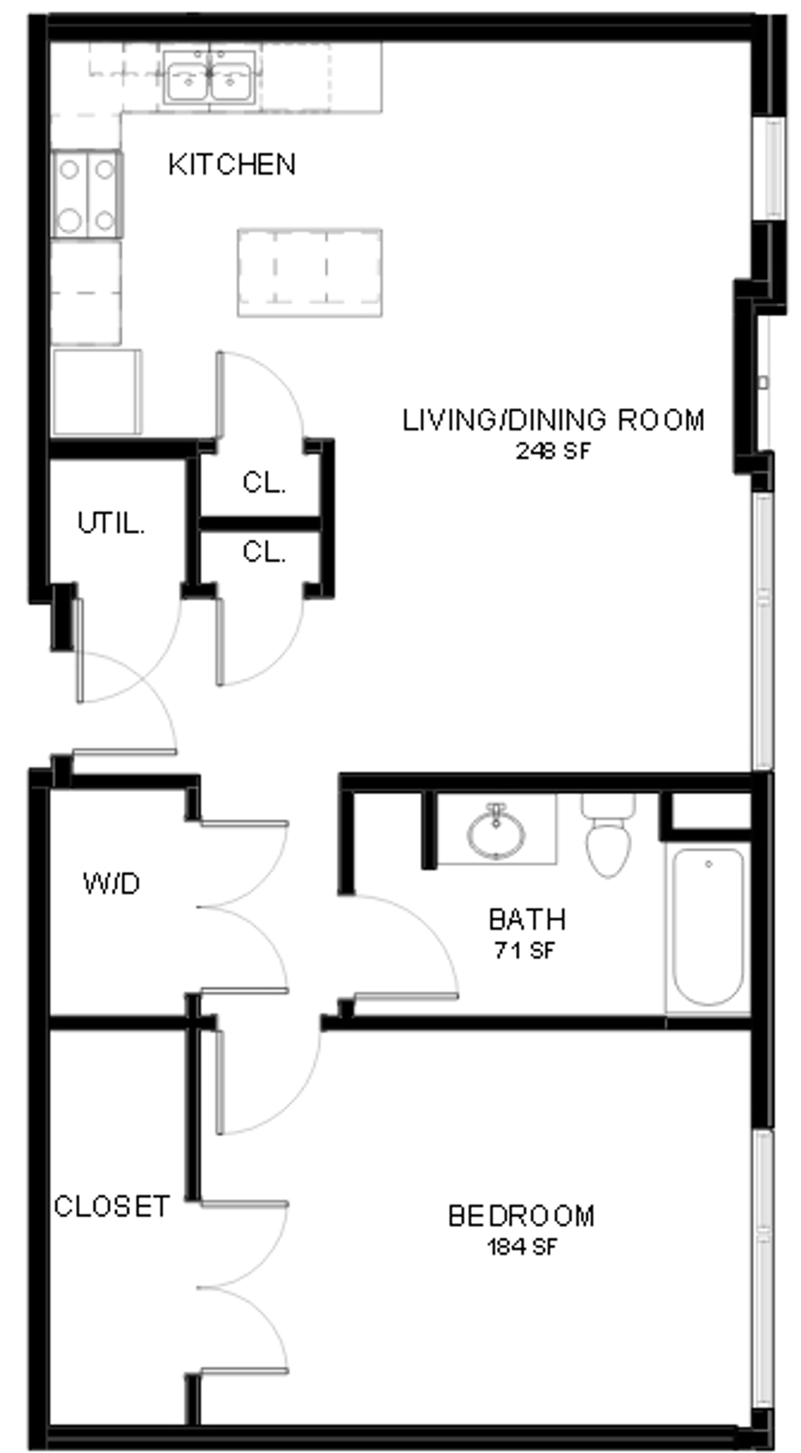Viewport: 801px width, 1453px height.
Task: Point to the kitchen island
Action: click(310, 273)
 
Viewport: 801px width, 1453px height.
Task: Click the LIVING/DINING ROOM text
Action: click(553, 420)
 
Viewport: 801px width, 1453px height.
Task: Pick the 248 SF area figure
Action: click(553, 451)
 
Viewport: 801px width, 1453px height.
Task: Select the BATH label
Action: click(527, 920)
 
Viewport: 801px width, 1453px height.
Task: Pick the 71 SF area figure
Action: click(525, 951)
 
